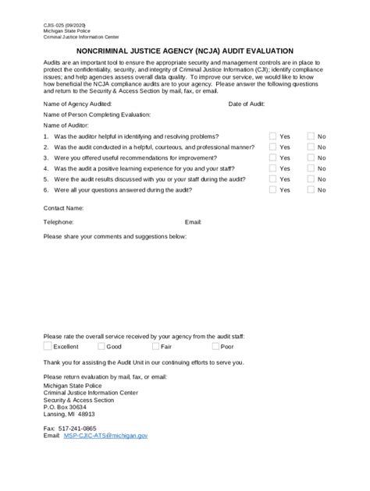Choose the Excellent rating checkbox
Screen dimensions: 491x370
click(48, 346)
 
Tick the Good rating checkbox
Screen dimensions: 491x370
click(101, 346)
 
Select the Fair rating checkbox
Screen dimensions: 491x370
click(156, 346)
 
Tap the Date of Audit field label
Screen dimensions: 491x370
click(247, 103)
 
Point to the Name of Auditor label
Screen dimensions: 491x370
click(67, 125)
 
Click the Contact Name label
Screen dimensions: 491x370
click(63, 208)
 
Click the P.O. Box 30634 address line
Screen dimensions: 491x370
click(66, 407)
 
